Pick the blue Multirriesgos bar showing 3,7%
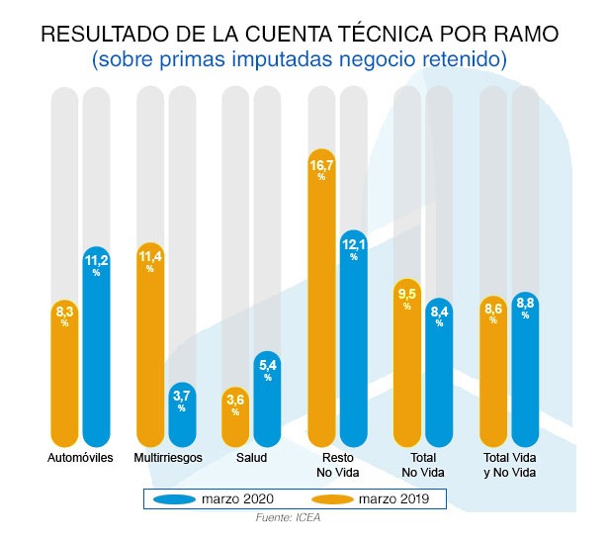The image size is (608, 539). click(x=182, y=415)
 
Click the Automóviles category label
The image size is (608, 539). click(x=80, y=458)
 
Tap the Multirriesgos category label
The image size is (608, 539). click(x=167, y=458)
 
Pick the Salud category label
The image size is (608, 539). click(x=251, y=458)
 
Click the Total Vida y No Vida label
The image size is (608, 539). click(x=509, y=465)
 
